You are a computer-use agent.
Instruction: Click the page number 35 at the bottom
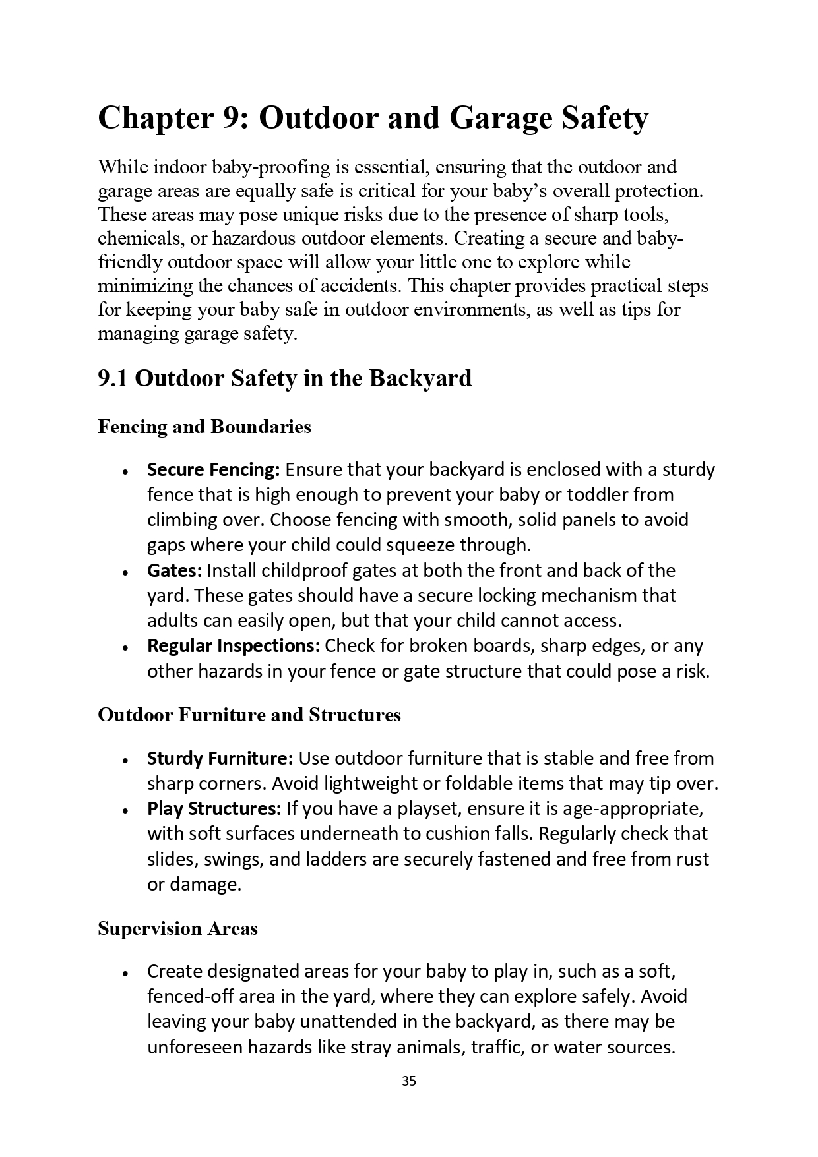click(x=408, y=1081)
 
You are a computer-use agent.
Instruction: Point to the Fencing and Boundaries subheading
click(x=204, y=427)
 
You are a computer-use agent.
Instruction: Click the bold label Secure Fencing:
click(x=214, y=470)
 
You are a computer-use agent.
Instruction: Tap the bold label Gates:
click(x=174, y=570)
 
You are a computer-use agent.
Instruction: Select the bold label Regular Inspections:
click(x=234, y=645)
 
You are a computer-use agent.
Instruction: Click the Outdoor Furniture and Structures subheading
click(x=249, y=715)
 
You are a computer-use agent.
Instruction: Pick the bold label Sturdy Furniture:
click(x=220, y=759)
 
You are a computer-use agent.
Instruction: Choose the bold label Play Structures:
click(x=214, y=809)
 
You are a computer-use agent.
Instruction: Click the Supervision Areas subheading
click(x=177, y=929)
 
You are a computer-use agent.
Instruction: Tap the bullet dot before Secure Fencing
click(x=125, y=472)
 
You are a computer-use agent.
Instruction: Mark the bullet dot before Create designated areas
click(x=125, y=974)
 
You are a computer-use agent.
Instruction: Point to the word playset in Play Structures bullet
click(x=425, y=809)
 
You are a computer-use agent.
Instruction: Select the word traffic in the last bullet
click(x=495, y=1047)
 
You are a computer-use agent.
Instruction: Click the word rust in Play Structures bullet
click(x=692, y=859)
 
